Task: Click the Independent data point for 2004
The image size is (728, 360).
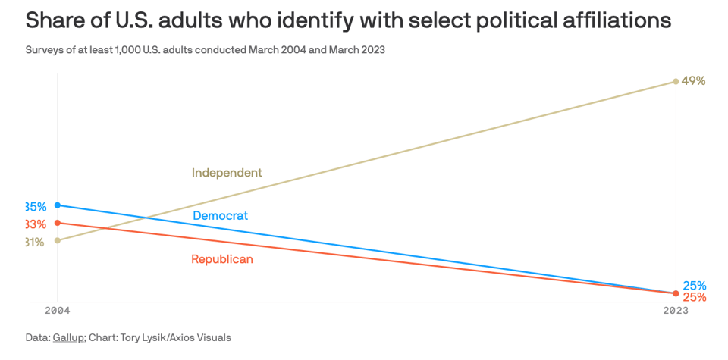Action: [x=58, y=240]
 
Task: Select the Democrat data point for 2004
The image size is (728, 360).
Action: [x=58, y=205]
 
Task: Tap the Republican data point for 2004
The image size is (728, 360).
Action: [x=58, y=223]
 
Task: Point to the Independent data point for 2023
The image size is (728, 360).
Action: [x=676, y=81]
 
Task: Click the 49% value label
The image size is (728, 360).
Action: [x=694, y=81]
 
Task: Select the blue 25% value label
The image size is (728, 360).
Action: [x=695, y=286]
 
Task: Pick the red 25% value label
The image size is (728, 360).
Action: [x=695, y=297]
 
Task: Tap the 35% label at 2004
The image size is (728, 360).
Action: [x=36, y=207]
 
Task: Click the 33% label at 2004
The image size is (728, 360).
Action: [x=36, y=224]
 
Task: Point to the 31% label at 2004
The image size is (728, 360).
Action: [x=35, y=243]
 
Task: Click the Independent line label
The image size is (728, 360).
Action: [x=227, y=173]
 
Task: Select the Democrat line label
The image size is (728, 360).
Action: [x=221, y=216]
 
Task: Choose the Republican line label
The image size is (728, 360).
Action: [x=222, y=259]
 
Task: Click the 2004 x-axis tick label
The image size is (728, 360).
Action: [x=57, y=311]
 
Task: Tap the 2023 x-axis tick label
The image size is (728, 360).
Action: [x=675, y=311]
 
